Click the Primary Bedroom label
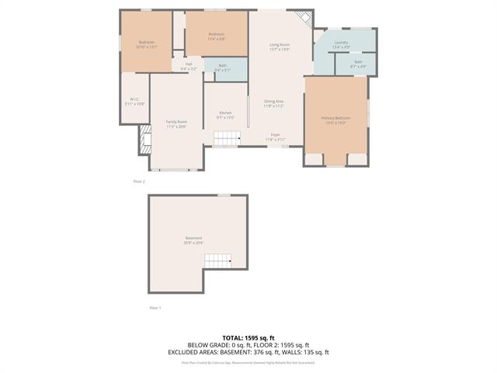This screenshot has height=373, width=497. tap(336, 117)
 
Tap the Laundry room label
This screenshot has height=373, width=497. tap(341, 43)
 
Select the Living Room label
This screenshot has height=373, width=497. tap(280, 45)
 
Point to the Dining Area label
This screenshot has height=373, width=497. tap(273, 101)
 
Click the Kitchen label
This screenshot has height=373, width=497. tap(225, 113)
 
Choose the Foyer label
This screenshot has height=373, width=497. tap(275, 134)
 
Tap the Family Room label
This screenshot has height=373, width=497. tap(176, 122)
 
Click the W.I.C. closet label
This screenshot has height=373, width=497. tap(134, 99)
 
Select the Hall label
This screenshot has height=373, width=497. tap(189, 64)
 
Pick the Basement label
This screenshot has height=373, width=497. tap(193, 239)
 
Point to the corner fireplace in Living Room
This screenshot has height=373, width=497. tap(308, 19)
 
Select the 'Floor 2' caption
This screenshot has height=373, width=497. tap(139, 181)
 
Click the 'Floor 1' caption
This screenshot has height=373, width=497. tap(155, 308)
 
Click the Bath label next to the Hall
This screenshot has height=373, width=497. tap(222, 66)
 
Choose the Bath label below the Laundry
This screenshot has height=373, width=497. tap(358, 62)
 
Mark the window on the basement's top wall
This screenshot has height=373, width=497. tap(224, 195)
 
